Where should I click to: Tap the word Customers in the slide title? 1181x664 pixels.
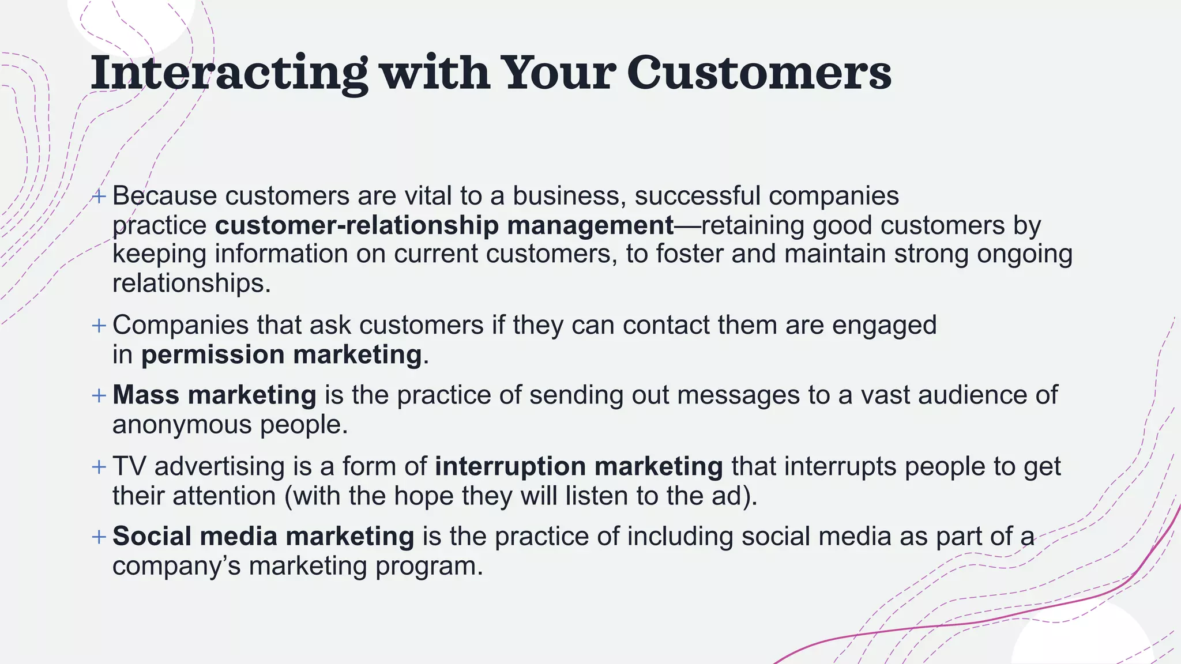pyautogui.click(x=759, y=73)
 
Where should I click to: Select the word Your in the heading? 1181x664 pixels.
pyautogui.click(x=558, y=73)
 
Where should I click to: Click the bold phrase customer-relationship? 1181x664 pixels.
pyautogui.click(x=357, y=225)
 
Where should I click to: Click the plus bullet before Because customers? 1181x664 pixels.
pyautogui.click(x=99, y=197)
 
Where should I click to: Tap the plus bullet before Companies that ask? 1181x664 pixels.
pyautogui.click(x=99, y=326)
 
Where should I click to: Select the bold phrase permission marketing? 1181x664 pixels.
pyautogui.click(x=281, y=354)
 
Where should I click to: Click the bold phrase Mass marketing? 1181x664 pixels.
pyautogui.click(x=215, y=395)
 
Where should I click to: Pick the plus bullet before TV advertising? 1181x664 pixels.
pyautogui.click(x=99, y=466)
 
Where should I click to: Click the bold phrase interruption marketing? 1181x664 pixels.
pyautogui.click(x=578, y=466)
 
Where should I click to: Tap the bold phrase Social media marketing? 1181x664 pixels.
pyautogui.click(x=263, y=537)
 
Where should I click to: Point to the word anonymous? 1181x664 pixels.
pyautogui.click(x=182, y=425)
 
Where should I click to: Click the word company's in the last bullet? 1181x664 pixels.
pyautogui.click(x=176, y=566)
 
